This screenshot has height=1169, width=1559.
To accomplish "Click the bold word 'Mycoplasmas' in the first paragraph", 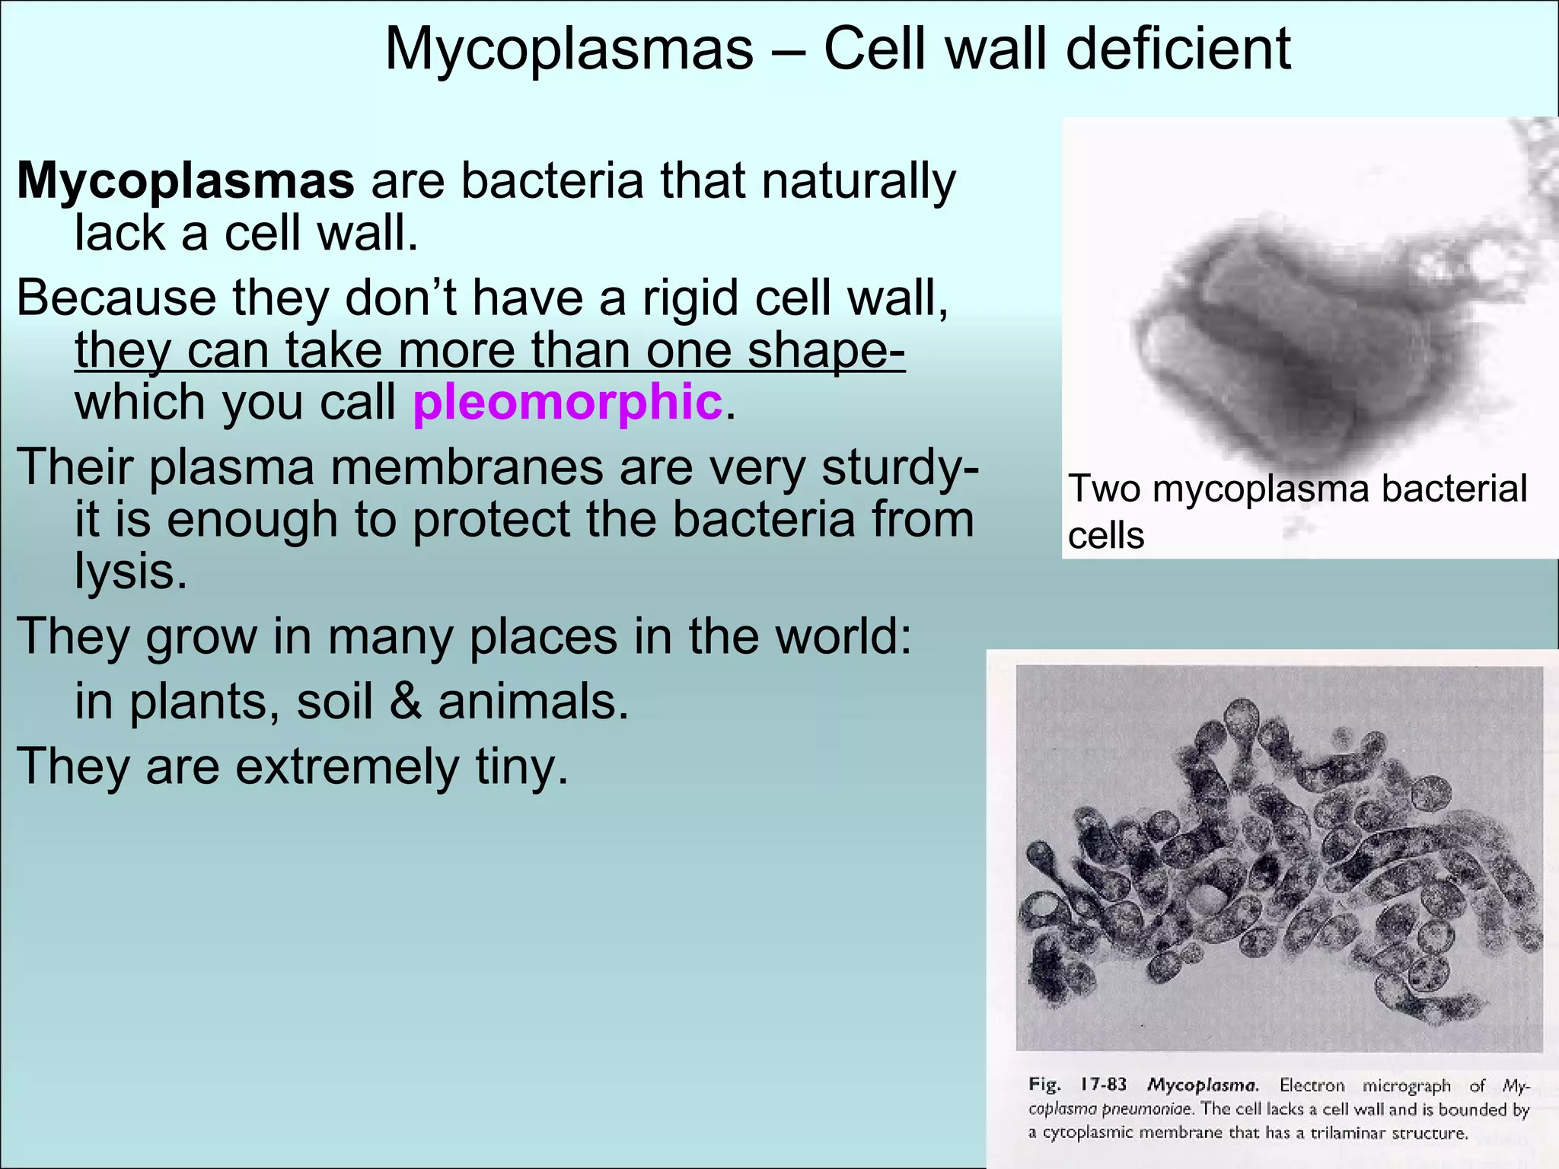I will point(186,181).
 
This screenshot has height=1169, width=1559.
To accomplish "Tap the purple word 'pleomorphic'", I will point(567,402).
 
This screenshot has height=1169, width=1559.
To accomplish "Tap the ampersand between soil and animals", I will point(405,701).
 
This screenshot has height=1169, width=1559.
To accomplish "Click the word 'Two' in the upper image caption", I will point(1104,489).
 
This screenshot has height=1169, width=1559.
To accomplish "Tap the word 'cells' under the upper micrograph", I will point(1105,536).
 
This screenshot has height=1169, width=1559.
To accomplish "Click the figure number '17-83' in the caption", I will point(1103,1085).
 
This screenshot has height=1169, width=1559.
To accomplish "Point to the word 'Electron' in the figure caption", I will point(1312,1085).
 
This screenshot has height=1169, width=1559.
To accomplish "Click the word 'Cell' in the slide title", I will point(878,49).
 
